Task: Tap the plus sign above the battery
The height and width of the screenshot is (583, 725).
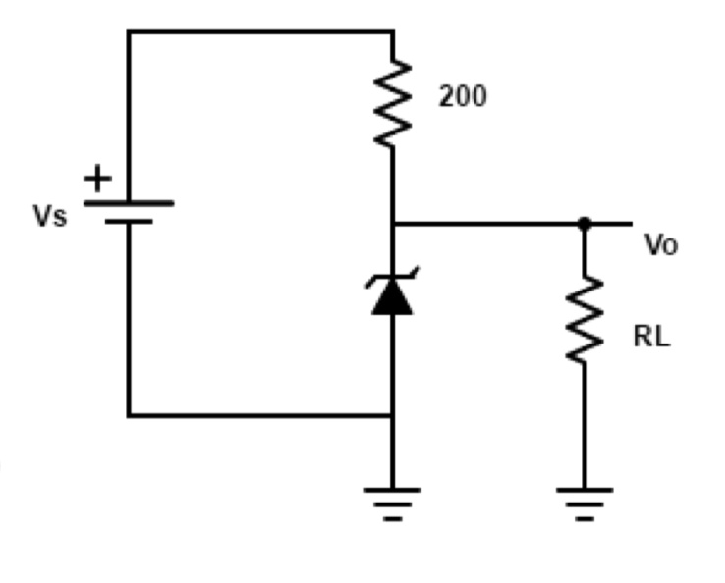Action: pos(97,179)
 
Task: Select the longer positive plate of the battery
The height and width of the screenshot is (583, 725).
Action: pos(128,203)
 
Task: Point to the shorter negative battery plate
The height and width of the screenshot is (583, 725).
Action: pos(128,222)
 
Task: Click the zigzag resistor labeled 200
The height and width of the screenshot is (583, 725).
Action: pos(393,103)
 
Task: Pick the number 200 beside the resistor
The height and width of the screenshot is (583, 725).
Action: pos(462,97)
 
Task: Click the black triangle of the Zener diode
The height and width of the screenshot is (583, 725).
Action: pos(392,296)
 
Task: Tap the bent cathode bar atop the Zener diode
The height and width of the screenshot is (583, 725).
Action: pos(392,277)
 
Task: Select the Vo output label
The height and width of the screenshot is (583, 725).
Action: pos(661,245)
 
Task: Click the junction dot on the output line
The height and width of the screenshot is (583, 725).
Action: pos(585,224)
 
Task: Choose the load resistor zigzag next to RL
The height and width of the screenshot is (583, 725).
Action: pos(585,320)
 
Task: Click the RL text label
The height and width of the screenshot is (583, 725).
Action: pos(651,338)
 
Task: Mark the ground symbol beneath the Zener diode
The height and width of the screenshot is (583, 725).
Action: pos(392,501)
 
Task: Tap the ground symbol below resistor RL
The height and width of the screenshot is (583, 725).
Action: pos(585,501)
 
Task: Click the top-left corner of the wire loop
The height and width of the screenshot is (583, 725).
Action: pos(128,31)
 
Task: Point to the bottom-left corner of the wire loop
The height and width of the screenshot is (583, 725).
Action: pos(128,415)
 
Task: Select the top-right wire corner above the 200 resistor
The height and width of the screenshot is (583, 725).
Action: pos(393,31)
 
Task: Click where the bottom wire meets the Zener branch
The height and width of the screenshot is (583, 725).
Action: pos(392,415)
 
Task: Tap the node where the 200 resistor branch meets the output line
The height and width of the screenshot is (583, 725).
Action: pos(393,224)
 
